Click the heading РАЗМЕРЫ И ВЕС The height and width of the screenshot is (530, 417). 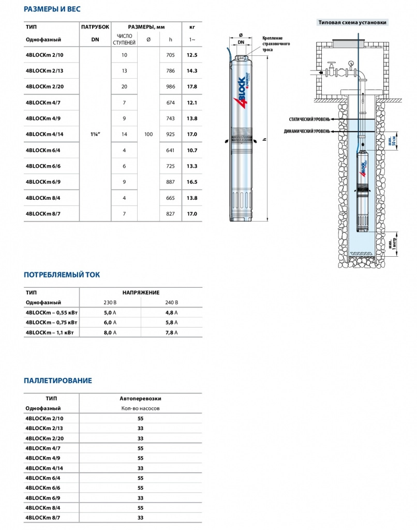pyautogui.click(x=52, y=10)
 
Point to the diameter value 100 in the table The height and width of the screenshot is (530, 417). pyautogui.click(x=148, y=134)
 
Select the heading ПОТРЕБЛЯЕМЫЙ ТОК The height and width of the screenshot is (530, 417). pyautogui.click(x=62, y=275)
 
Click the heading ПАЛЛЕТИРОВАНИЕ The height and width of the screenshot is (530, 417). pyautogui.click(x=58, y=380)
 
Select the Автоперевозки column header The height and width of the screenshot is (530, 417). pyautogui.click(x=140, y=399)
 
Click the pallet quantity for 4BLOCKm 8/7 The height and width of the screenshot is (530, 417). pyautogui.click(x=140, y=518)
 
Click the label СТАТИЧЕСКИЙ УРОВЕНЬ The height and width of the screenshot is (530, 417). pyautogui.click(x=309, y=120)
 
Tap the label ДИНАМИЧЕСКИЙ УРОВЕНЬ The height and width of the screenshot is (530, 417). pyautogui.click(x=307, y=131)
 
